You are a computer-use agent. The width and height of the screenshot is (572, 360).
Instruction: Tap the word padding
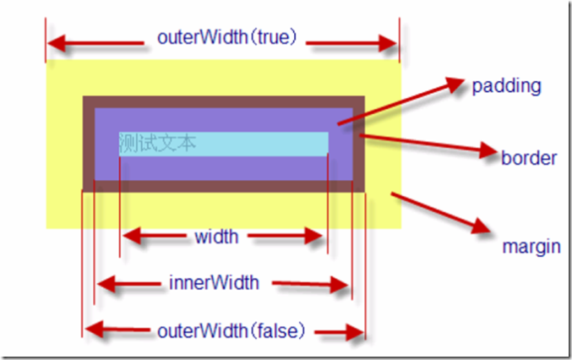(x=506, y=86)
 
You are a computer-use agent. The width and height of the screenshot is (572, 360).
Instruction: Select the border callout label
(x=529, y=158)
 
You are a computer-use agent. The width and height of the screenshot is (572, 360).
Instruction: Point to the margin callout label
(x=531, y=247)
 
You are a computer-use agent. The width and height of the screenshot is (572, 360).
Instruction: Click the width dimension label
(x=216, y=237)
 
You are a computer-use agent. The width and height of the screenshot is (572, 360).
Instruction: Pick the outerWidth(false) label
(x=231, y=330)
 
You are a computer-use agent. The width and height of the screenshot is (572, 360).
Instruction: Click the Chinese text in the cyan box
(x=158, y=144)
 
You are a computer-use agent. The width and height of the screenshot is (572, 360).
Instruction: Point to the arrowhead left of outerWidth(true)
(x=59, y=42)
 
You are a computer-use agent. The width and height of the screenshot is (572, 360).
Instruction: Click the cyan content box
(x=253, y=144)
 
